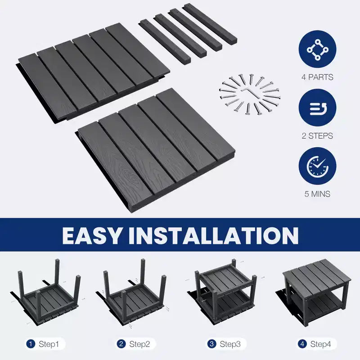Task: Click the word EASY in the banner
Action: click(x=91, y=235)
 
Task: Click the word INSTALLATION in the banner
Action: click(x=213, y=235)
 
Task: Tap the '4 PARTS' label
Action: click(x=317, y=77)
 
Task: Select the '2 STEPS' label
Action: click(x=317, y=136)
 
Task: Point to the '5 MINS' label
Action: click(x=317, y=194)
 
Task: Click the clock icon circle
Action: click(x=317, y=166)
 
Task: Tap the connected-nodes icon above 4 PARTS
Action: click(x=317, y=49)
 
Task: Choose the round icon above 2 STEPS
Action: click(x=317, y=108)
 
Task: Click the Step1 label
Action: click(x=49, y=344)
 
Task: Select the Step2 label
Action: click(x=139, y=344)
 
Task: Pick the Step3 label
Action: click(x=230, y=344)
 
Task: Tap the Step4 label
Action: click(x=320, y=344)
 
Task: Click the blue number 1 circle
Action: click(x=31, y=344)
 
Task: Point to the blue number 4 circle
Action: click(x=302, y=344)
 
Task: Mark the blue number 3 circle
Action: click(x=211, y=344)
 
